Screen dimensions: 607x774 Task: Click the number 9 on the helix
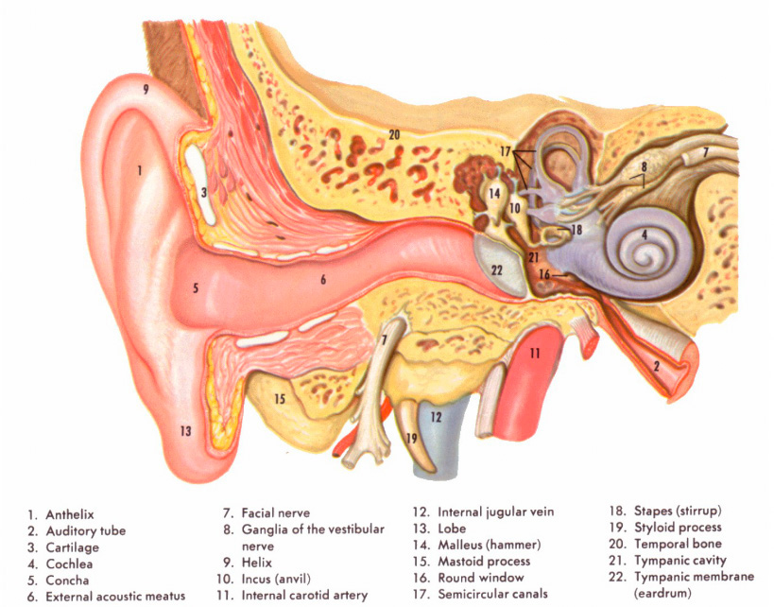pyautogui.click(x=146, y=90)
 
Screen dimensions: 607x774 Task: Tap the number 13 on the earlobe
pyautogui.click(x=185, y=431)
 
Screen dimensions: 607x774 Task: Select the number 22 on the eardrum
pyautogui.click(x=497, y=269)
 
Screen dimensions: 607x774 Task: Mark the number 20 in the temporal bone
pyautogui.click(x=394, y=135)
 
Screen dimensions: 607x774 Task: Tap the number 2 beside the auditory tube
pyautogui.click(x=656, y=366)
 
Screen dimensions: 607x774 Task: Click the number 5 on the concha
pyautogui.click(x=196, y=287)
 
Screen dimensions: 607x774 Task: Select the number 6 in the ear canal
pyautogui.click(x=322, y=280)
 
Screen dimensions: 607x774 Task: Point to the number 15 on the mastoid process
pyautogui.click(x=279, y=399)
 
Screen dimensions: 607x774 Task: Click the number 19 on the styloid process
pyautogui.click(x=411, y=439)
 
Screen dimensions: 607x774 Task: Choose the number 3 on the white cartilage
pyautogui.click(x=204, y=193)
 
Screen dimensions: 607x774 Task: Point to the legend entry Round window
pyautogui.click(x=480, y=577)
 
